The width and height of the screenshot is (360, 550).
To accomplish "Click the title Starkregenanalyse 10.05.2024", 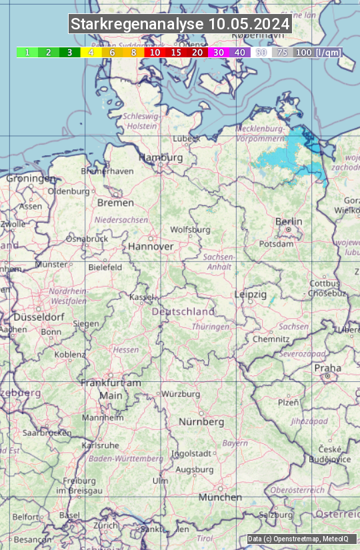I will pos(180,25).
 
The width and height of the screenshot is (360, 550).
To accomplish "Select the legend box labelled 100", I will pos(303,52).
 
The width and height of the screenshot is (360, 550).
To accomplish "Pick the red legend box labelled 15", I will pos(176,52).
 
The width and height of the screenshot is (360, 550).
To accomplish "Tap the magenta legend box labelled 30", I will pos(219,52).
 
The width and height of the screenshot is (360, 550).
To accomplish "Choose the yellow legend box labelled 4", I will pos(91,52).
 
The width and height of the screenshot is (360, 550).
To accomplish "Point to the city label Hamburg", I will pos(160,158).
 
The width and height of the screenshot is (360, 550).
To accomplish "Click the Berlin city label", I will pos(289,222).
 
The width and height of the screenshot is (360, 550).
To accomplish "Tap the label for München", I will pos(220,497).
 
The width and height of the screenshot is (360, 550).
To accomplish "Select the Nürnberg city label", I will pos(201,422).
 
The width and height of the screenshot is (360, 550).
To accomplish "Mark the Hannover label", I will pos(151,247).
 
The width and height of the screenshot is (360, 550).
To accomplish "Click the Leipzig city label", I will pos(251,294).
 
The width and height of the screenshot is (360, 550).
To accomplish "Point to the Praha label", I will pos(327,368).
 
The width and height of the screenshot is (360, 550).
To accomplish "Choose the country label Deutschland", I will pos(183,311).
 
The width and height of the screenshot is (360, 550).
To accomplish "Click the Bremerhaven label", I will pos(107,171).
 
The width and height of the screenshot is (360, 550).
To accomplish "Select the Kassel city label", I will pos(141,297).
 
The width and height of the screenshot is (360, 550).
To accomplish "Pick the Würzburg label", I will pos(181,394).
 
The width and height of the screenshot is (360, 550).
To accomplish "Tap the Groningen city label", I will pos(31,179).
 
